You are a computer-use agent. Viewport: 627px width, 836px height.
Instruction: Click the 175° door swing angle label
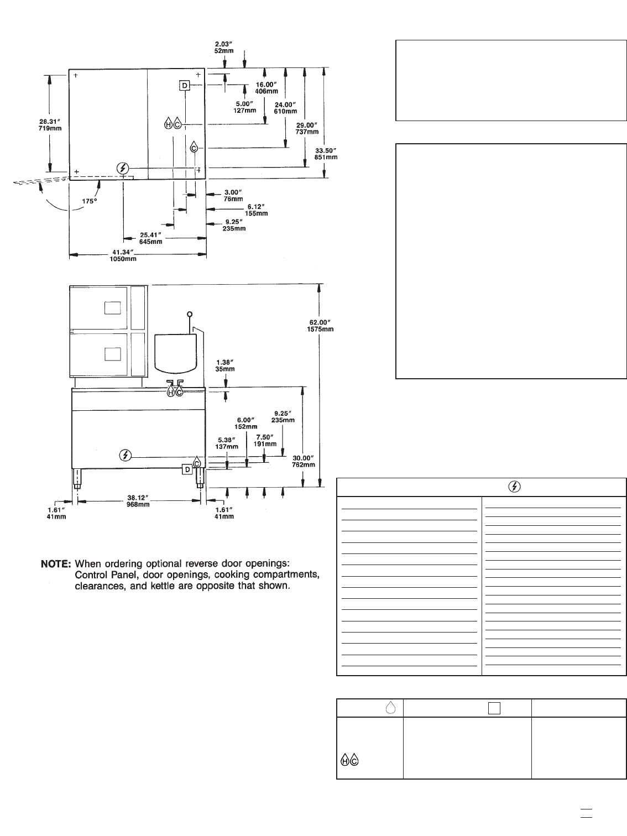click(90, 201)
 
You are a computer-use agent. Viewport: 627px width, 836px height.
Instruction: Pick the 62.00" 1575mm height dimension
click(321, 326)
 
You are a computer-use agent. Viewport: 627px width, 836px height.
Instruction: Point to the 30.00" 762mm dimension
click(303, 461)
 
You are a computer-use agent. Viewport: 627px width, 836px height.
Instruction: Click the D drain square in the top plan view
click(184, 85)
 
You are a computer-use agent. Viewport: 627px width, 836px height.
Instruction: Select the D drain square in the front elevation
click(187, 469)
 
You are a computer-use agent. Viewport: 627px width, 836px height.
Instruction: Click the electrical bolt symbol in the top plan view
click(123, 168)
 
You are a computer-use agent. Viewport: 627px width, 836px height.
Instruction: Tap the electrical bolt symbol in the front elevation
click(126, 455)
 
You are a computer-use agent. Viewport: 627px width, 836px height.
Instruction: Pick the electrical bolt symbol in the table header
click(514, 487)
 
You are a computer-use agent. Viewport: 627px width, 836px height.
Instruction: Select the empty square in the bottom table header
click(494, 708)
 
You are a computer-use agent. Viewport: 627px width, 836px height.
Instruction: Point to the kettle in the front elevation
click(176, 352)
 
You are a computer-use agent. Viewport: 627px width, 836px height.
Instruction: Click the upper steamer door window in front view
click(112, 308)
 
